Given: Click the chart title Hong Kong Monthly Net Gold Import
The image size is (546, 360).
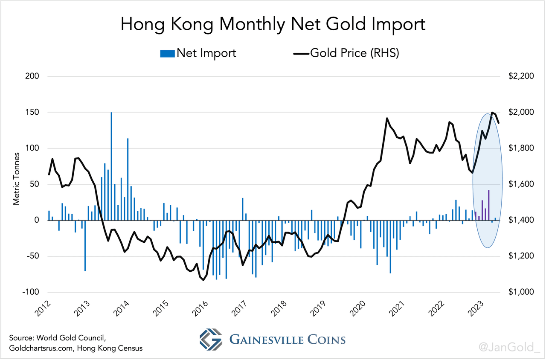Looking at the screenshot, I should (273, 24).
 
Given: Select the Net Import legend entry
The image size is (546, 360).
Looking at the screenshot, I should (198, 53).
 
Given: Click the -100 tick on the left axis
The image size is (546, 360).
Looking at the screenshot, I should (30, 292).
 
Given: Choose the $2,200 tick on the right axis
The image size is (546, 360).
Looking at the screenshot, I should (521, 76).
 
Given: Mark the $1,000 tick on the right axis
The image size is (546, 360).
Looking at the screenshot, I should (521, 292).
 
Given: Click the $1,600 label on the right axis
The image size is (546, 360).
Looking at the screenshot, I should (521, 184).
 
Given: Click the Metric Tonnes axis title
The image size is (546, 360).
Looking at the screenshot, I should (17, 178).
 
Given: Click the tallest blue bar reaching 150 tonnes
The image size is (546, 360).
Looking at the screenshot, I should (111, 166).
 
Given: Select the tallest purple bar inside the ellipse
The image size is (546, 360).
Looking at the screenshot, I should (489, 205).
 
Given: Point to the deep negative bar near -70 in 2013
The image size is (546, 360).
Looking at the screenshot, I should (85, 245).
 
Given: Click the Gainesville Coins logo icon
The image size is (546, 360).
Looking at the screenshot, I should (211, 340).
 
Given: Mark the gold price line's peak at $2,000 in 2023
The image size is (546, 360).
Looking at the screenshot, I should (492, 113).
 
